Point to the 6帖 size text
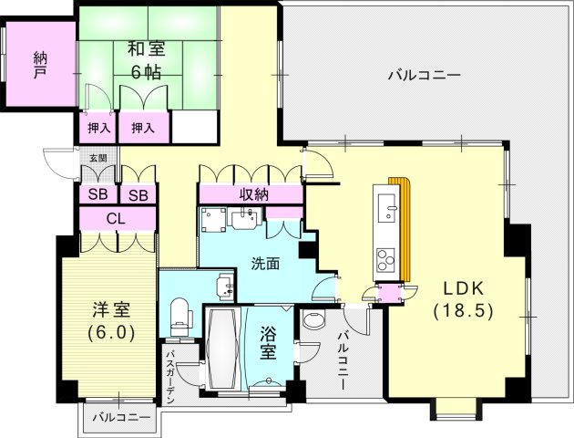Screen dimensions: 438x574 click(x=144, y=72)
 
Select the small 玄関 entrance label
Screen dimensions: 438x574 click(x=97, y=157)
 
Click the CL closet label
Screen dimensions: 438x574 click(x=116, y=219)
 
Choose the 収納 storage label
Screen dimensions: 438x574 click(x=254, y=194)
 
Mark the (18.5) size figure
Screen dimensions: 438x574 click(x=463, y=310)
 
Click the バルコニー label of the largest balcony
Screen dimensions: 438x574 click(x=424, y=75)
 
